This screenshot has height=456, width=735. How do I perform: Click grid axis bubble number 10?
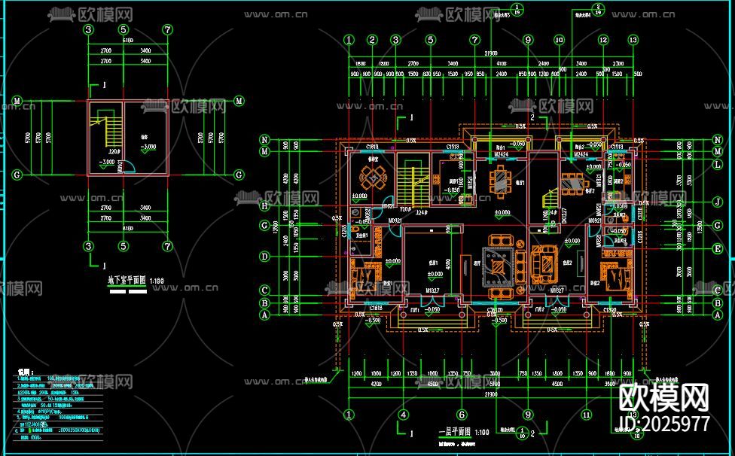[x=559, y=40]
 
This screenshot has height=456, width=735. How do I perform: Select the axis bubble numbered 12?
[x=603, y=40]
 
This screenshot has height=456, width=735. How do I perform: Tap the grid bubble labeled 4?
[x=403, y=414]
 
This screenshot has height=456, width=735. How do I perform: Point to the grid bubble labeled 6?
[x=462, y=414]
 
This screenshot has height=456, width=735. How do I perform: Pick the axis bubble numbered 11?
[x=587, y=414]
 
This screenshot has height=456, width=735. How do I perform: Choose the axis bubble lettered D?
[x=264, y=257]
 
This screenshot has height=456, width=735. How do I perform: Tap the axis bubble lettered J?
[x=718, y=202]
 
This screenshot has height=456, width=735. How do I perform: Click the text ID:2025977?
[x=663, y=424]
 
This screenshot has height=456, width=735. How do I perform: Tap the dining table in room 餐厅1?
[x=498, y=179]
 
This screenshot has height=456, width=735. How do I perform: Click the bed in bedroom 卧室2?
[x=617, y=276]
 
